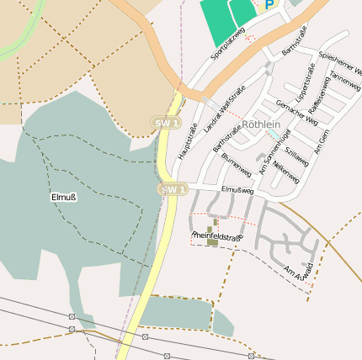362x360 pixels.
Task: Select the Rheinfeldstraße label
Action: pos(217,237)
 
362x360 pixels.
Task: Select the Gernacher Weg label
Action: pos(296,112)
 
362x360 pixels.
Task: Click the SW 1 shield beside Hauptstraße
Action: pos(168,123)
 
